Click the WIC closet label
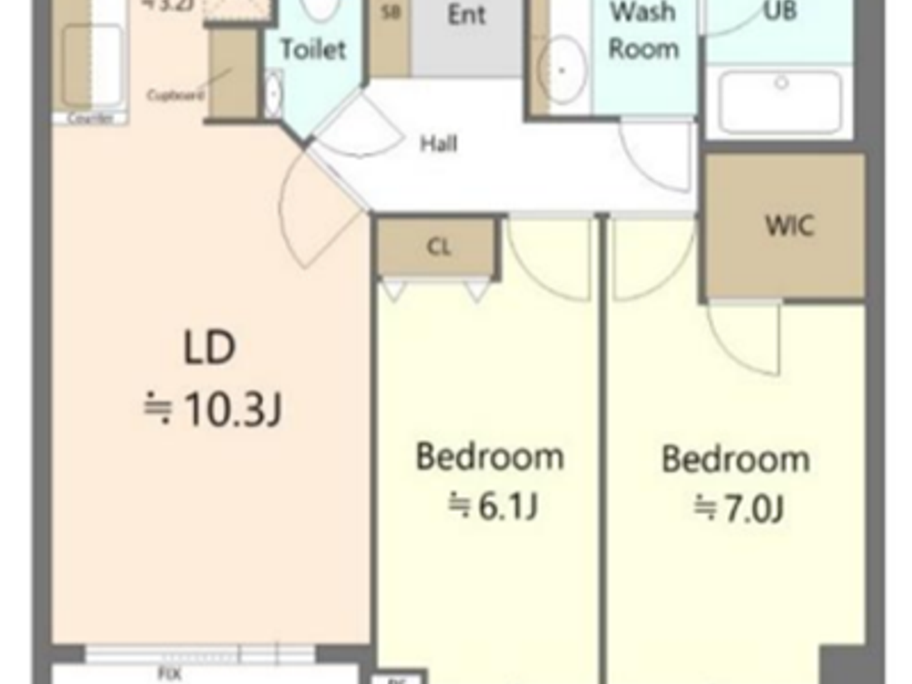pyautogui.click(x=790, y=226)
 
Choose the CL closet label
pyautogui.click(x=438, y=247)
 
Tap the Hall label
pyautogui.click(x=438, y=143)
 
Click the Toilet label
pyautogui.click(x=313, y=50)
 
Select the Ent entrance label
pyautogui.click(x=466, y=14)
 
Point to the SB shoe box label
pyautogui.click(x=390, y=12)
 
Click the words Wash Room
pyautogui.click(x=643, y=31)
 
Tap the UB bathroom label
pyautogui.click(x=780, y=11)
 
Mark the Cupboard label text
pyautogui.click(x=175, y=95)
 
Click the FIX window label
pyautogui.click(x=169, y=674)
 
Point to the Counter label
pyautogui.click(x=91, y=119)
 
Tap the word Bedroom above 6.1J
pyautogui.click(x=490, y=457)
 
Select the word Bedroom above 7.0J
pyautogui.click(x=735, y=459)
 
